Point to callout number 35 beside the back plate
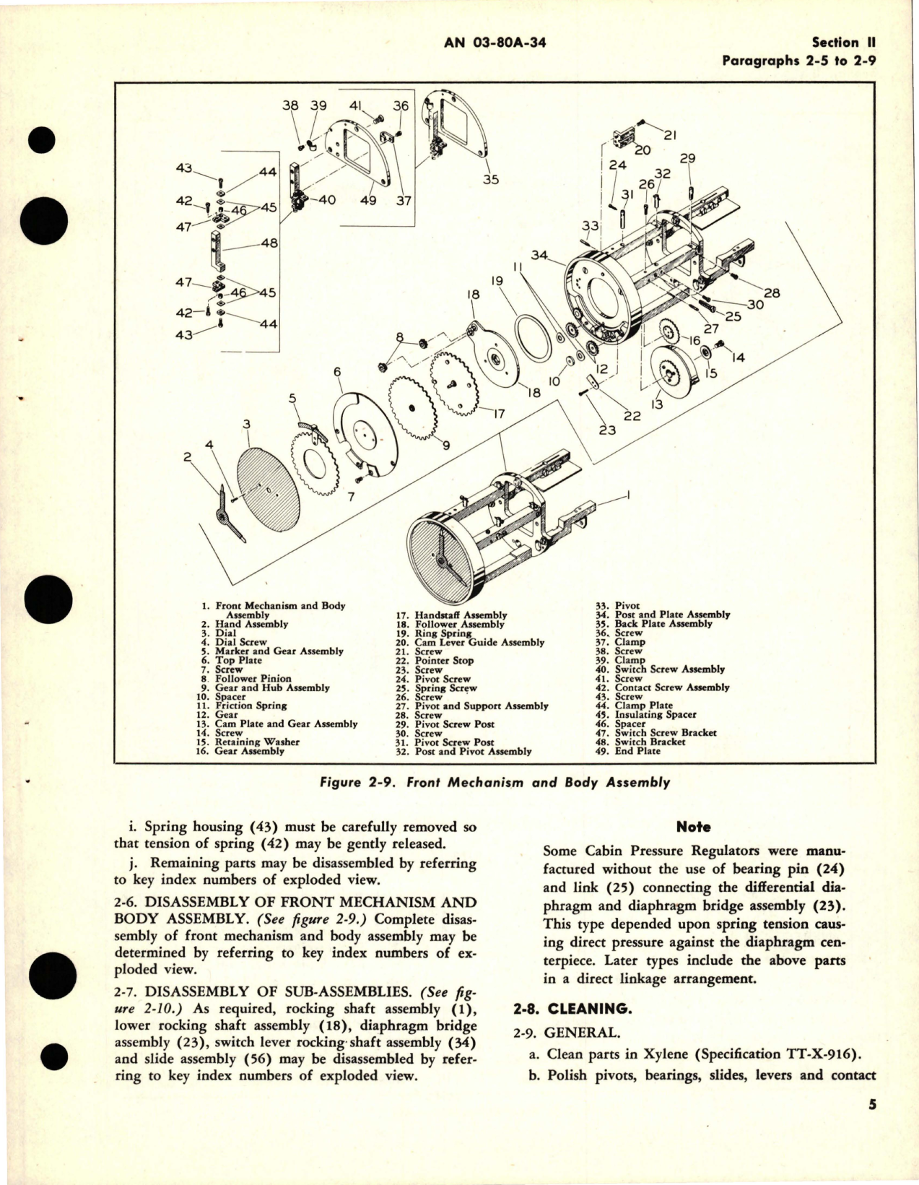click(491, 179)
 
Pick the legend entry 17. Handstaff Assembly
click(460, 615)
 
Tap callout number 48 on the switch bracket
click(269, 244)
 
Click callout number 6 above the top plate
click(336, 372)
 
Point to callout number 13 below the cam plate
click(656, 404)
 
